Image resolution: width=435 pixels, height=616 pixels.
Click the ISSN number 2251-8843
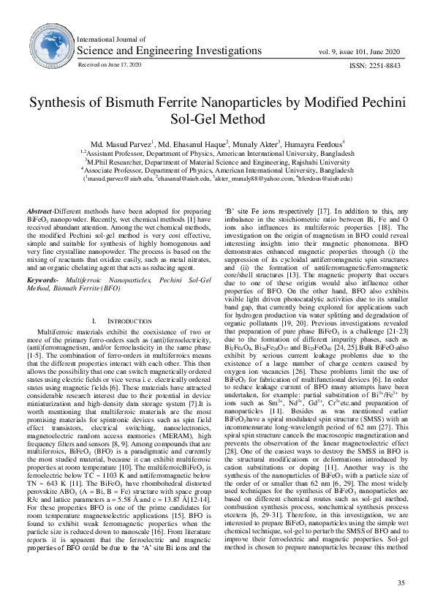point(380,66)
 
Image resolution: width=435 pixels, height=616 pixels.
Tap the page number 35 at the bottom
point(400,582)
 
